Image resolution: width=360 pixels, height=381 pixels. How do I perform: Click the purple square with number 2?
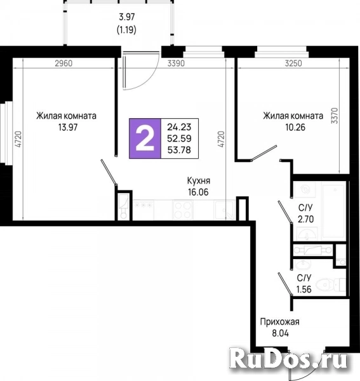click(145, 138)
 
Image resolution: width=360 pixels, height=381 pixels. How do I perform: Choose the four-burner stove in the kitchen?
click(182, 208)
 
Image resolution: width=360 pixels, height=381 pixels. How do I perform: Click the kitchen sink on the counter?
click(223, 209)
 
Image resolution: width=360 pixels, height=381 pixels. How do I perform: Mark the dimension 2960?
click(63, 63)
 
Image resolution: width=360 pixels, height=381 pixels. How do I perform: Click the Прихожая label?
click(280, 322)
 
